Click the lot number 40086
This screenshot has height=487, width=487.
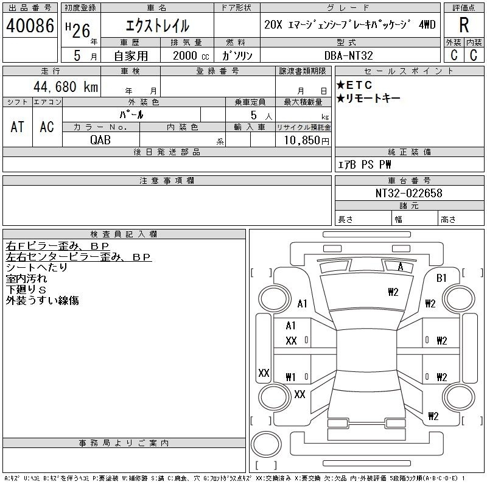pos(30,26)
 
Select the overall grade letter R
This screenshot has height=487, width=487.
pos(464,25)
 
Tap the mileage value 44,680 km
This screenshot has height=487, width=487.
pos(66,86)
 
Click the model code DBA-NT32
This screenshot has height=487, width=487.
pos(348,55)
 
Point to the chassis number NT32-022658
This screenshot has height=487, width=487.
pos(408,193)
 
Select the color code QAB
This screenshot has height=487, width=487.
pos(100,140)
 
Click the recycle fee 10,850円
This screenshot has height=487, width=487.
pos(307,141)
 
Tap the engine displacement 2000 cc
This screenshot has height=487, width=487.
pos(191,55)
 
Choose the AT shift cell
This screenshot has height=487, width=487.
pos(17,127)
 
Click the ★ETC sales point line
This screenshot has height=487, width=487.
pos(354,85)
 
